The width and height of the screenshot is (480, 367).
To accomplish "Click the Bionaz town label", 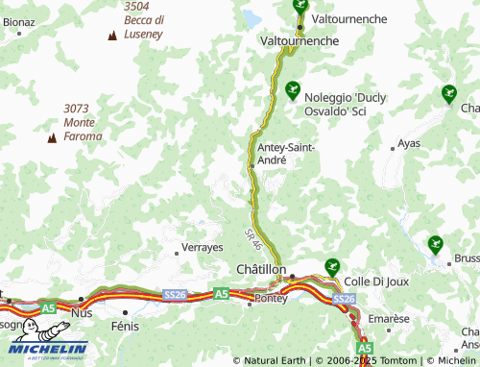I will (19, 20).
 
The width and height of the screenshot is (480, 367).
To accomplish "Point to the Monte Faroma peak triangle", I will (52, 137).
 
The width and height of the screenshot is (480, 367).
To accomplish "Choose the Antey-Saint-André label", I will (286, 154).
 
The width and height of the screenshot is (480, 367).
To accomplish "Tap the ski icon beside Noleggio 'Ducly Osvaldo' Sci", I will (293, 88).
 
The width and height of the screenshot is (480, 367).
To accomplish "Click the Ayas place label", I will (409, 143).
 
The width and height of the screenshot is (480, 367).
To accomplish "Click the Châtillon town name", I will (261, 271).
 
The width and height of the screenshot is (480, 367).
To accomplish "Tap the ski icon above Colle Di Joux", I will (332, 266).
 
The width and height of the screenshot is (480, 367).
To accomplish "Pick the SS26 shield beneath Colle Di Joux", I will (345, 300).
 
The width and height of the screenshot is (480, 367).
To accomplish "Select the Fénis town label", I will (126, 326).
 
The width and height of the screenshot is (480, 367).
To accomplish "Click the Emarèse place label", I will (389, 319).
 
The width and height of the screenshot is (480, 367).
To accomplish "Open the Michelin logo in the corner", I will (44, 350).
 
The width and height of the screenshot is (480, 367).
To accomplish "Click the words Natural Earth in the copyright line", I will (277, 361).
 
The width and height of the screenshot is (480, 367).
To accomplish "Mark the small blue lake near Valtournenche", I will (252, 18).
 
